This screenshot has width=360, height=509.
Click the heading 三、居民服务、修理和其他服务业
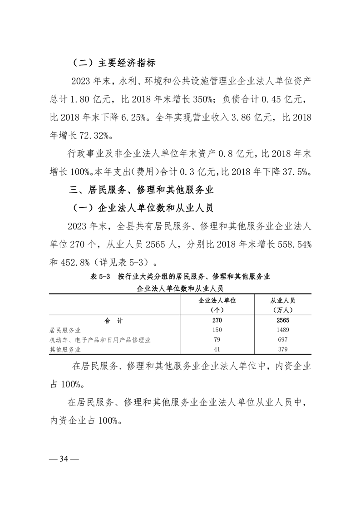[x=139, y=189]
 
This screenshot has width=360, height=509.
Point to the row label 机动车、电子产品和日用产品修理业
[x=100, y=340]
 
